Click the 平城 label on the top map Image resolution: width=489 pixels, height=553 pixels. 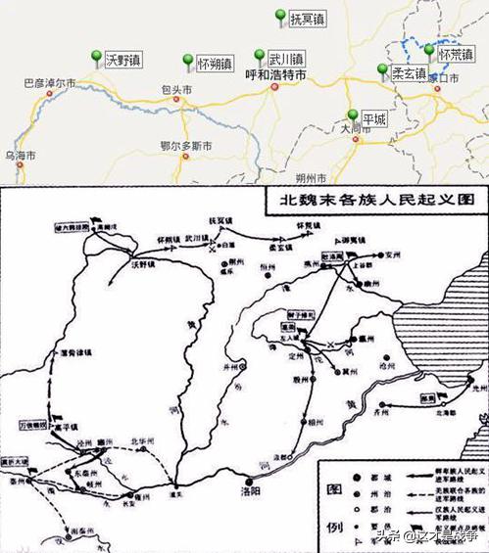pyautogui.click(x=373, y=118)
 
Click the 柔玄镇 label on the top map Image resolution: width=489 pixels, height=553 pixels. pyautogui.click(x=408, y=73)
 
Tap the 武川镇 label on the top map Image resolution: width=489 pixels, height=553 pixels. pyautogui.click(x=286, y=59)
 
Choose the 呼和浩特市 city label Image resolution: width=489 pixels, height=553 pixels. pyautogui.click(x=275, y=73)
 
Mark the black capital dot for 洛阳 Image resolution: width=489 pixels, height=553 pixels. pyautogui.click(x=252, y=481)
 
